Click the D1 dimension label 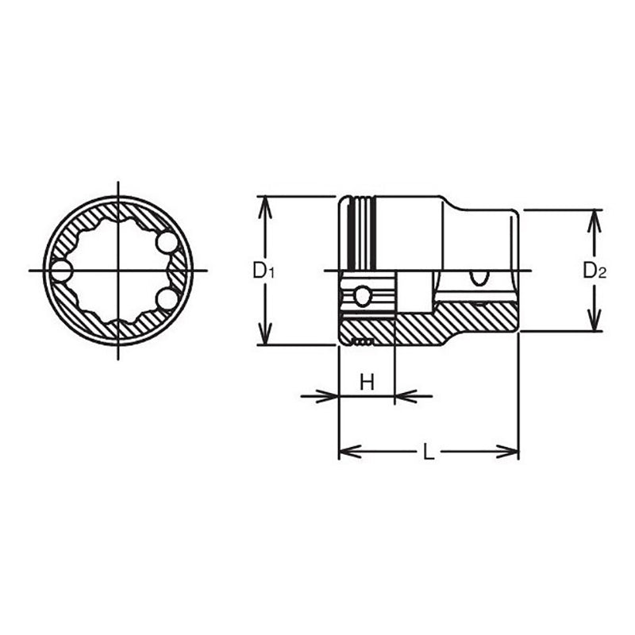coord(264,271)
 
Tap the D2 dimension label coord(595,271)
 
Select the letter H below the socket coord(367,383)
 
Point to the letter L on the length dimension coord(428,452)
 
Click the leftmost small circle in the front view coord(60,271)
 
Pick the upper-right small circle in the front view coord(167,241)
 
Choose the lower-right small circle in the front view coord(167,298)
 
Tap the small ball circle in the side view coord(362,297)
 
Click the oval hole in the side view coord(479,277)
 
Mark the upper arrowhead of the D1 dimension coord(264,203)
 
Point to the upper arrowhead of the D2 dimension coord(593,217)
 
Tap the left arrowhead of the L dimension coord(348,452)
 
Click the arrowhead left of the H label coord(329,394)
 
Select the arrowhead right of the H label coord(404,394)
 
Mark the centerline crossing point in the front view coord(117,271)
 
